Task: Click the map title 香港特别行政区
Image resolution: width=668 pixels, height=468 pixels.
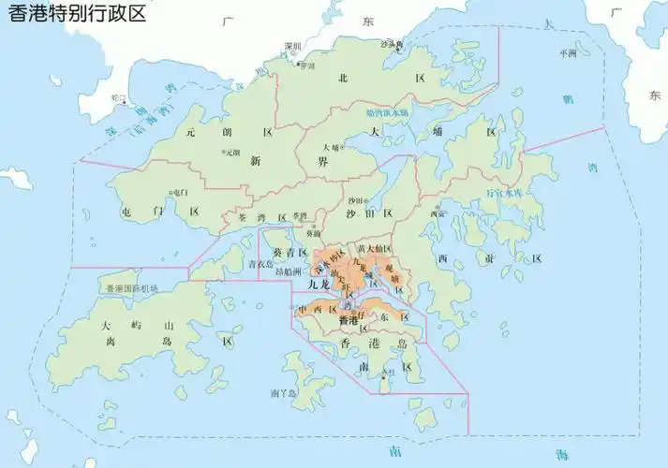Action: pos(78,16)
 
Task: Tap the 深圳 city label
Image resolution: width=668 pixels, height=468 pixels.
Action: pos(294,46)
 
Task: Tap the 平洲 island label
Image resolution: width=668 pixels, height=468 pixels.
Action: pos(568,53)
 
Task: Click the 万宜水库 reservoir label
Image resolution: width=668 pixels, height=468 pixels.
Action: pos(503,194)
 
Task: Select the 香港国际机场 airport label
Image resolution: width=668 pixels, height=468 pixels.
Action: pos(131,288)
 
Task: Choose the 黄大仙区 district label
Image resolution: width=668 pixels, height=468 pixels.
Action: pos(374,248)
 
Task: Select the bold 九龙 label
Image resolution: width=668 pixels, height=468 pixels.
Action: pos(319,283)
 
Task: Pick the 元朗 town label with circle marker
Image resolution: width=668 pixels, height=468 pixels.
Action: pos(231,152)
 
